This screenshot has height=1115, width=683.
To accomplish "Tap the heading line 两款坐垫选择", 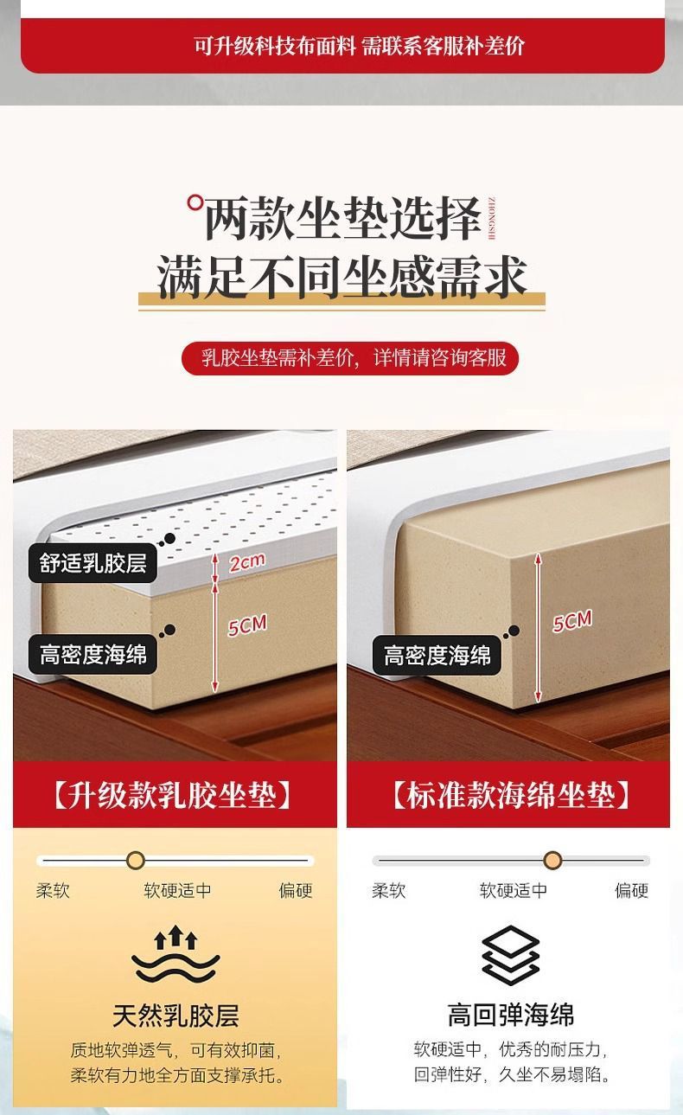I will [341, 218].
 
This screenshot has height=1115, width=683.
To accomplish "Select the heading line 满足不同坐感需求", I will [341, 279].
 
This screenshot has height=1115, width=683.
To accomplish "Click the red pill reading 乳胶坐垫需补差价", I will [350, 357].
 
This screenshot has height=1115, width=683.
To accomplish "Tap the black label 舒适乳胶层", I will [93, 564].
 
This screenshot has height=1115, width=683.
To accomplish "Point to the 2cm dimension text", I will [246, 562].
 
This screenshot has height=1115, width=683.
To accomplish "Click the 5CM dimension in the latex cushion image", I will [247, 625].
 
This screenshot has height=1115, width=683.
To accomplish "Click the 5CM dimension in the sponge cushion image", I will [572, 621].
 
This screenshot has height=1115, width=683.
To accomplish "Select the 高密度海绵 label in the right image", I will [437, 655].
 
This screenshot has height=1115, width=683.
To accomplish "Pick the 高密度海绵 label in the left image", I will [93, 655].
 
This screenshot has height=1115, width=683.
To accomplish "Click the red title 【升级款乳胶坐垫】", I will [174, 795].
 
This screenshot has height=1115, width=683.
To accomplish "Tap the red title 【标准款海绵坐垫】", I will [509, 795].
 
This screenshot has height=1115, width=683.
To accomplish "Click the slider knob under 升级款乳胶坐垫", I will [136, 861].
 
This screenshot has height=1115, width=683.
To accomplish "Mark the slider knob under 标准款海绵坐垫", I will [553, 861].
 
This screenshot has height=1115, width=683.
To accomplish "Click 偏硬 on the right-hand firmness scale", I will [631, 890].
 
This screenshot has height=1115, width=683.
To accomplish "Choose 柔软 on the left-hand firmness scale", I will [53, 890].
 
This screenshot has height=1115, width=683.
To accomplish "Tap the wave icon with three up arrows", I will [176, 956].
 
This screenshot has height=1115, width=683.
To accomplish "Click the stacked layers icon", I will [510, 956].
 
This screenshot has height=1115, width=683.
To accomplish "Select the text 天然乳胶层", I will [176, 1015].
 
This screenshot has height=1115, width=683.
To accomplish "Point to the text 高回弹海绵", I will [510, 1015].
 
